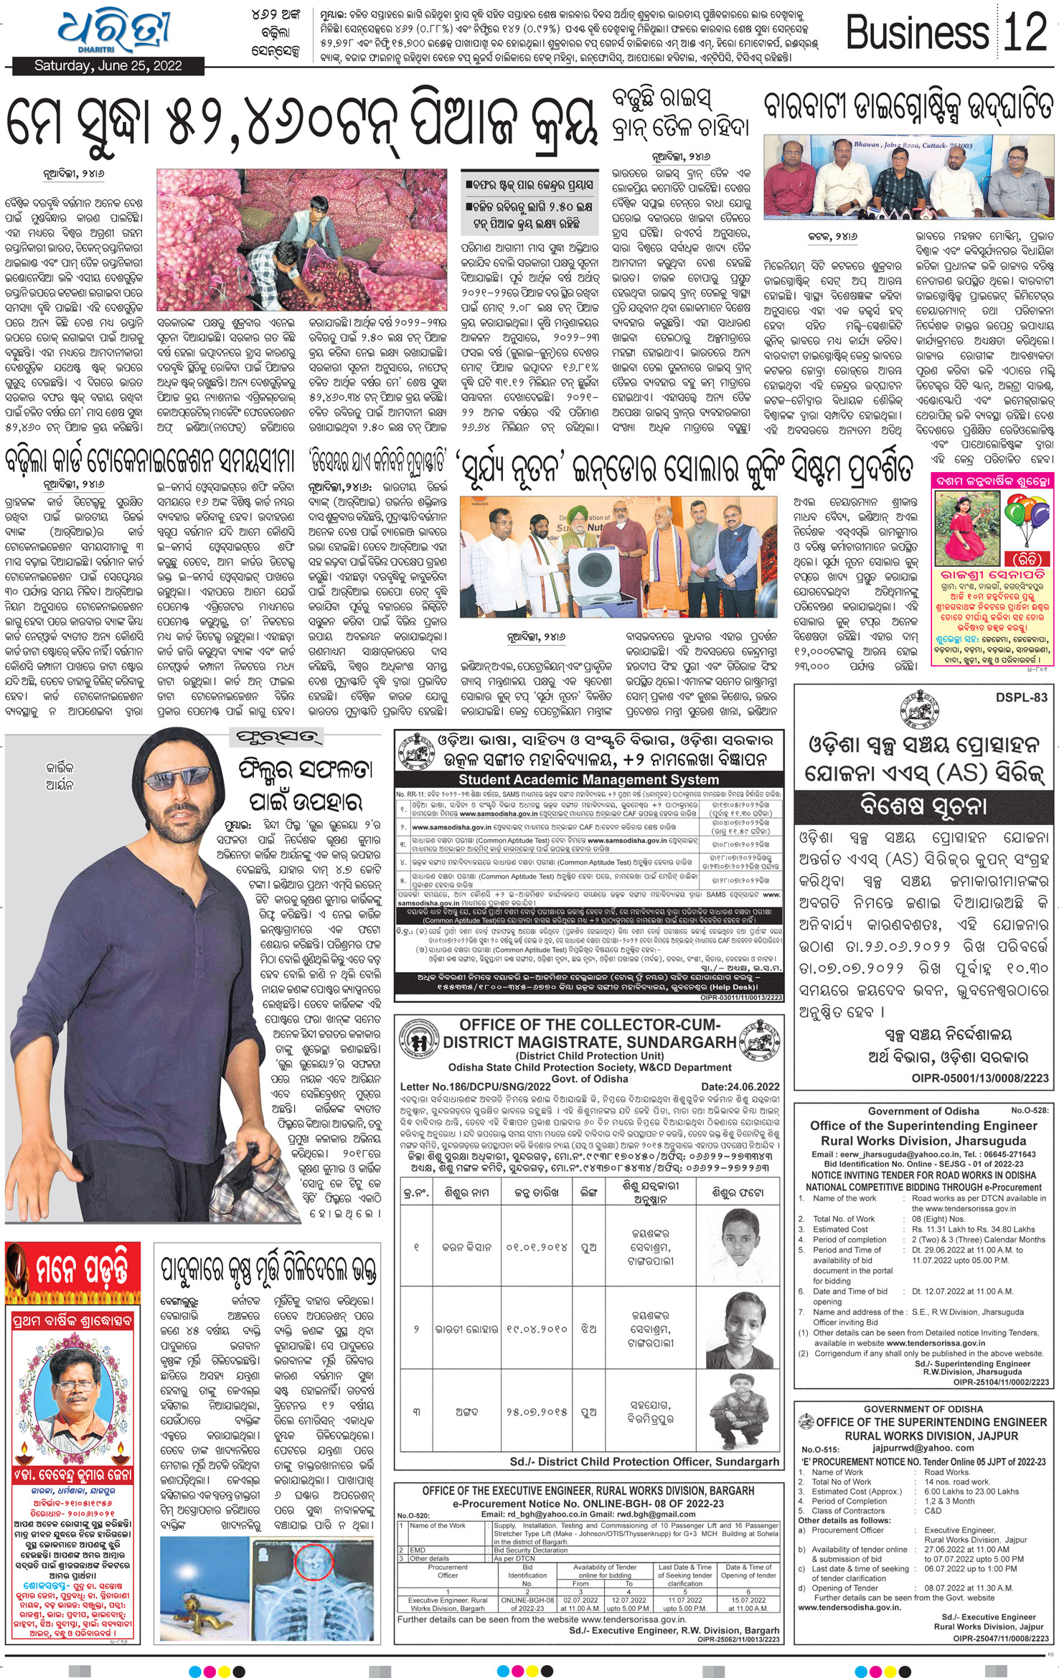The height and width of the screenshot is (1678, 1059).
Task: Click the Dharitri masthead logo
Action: tap(115, 32)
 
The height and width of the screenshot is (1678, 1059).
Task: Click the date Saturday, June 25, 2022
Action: tap(108, 66)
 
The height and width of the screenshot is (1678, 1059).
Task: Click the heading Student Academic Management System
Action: tap(588, 779)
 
